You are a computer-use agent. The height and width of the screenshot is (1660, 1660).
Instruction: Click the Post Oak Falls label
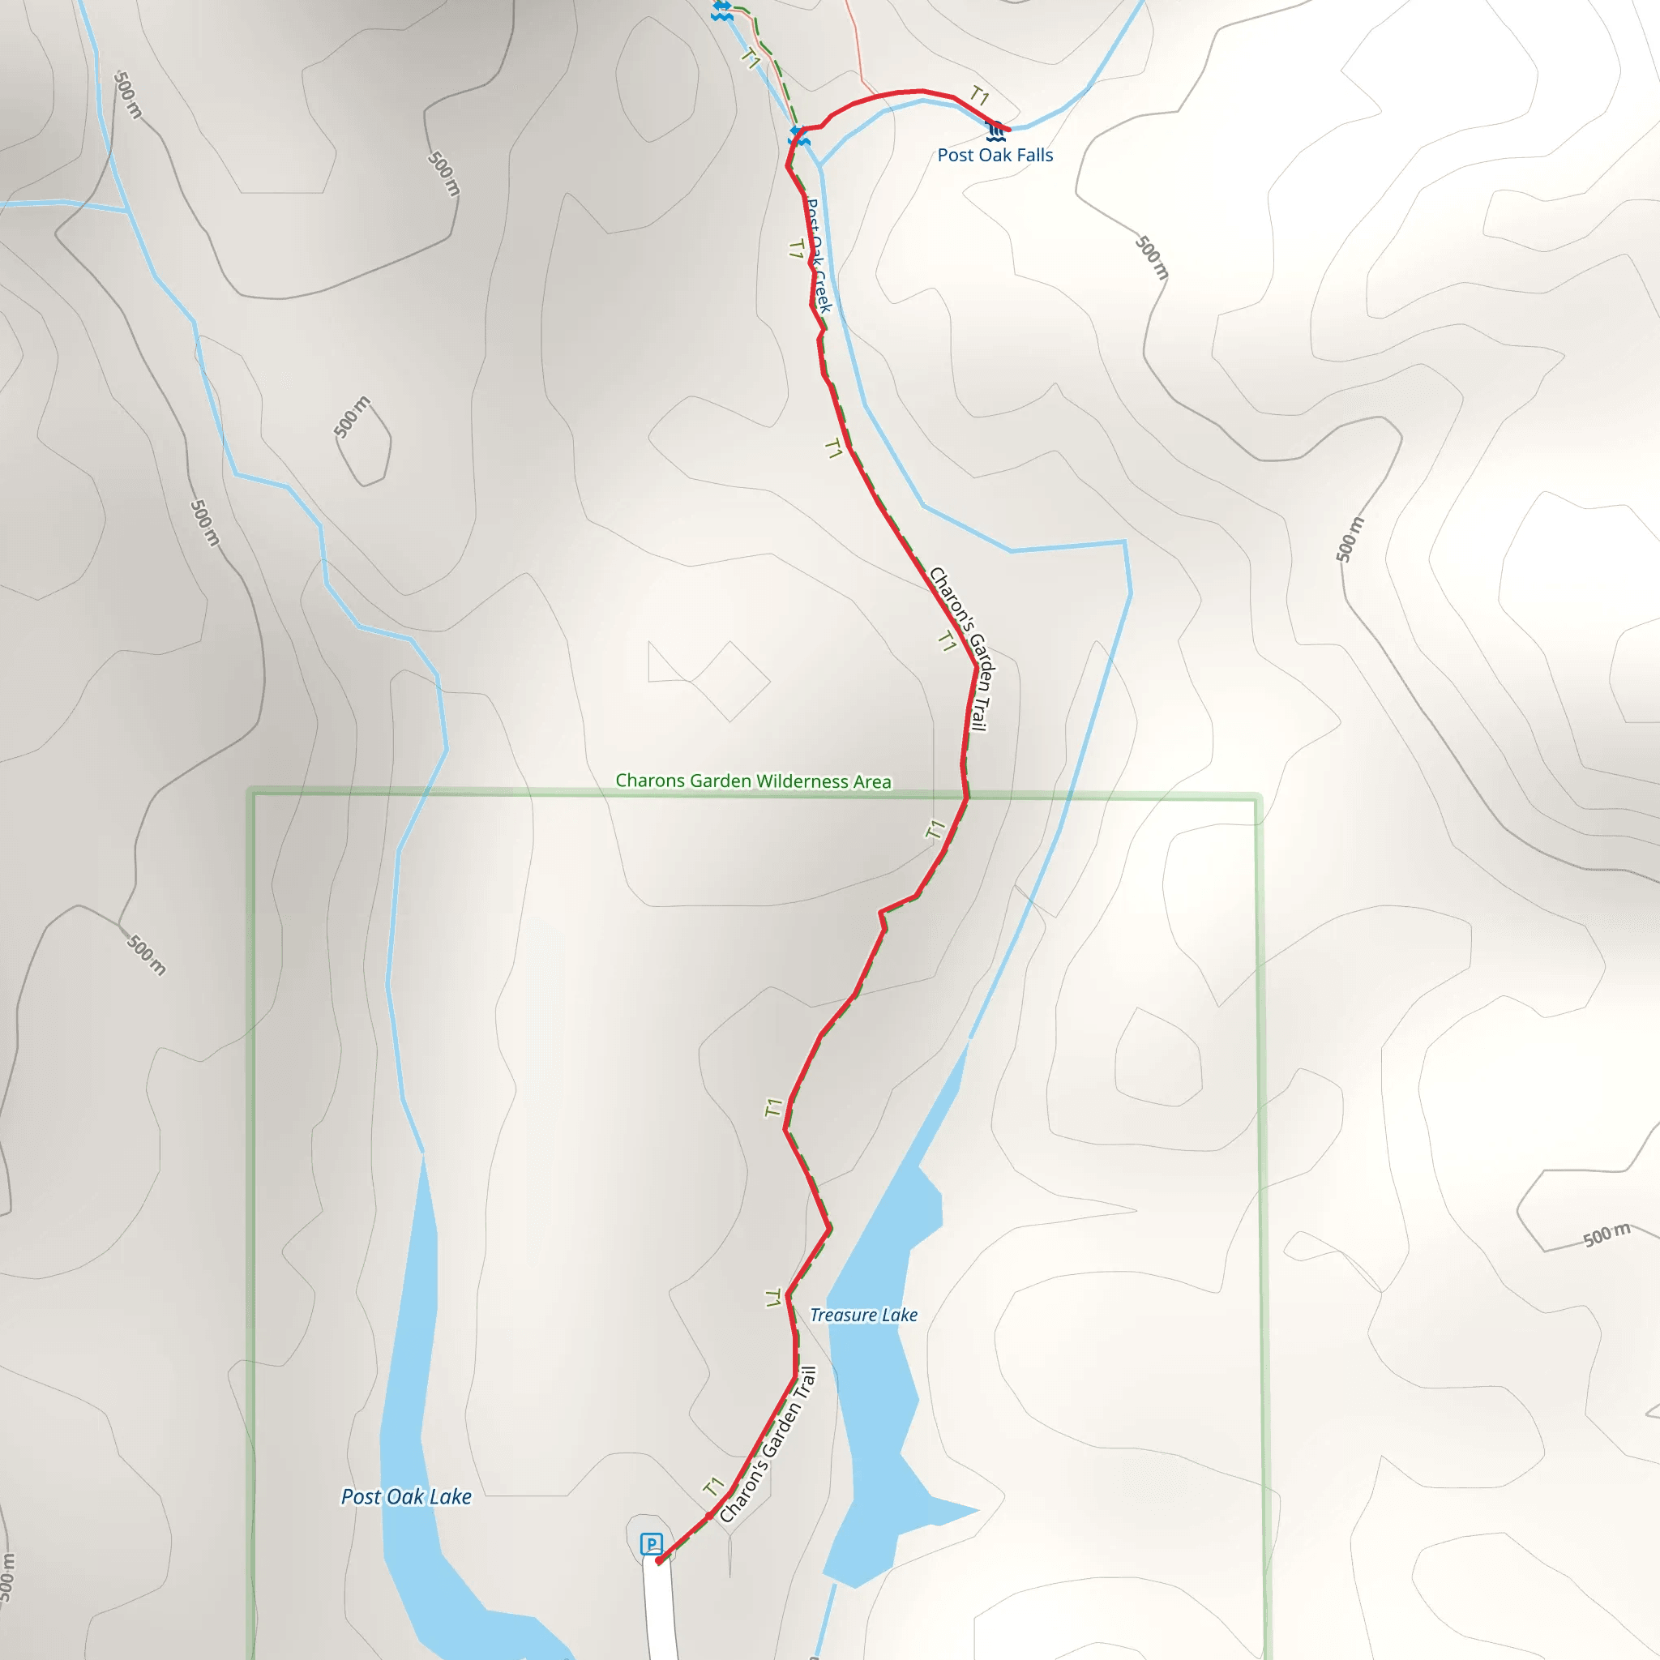[995, 156]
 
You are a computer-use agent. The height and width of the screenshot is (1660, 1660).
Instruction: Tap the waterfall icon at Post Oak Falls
[996, 131]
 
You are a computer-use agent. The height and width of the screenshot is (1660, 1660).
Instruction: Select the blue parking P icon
[652, 1544]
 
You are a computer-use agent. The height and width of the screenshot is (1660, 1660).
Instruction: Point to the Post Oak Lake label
[405, 1497]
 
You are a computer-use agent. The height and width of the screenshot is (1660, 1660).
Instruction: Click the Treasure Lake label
[863, 1316]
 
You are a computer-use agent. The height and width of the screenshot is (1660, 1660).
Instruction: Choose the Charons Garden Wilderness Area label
[754, 781]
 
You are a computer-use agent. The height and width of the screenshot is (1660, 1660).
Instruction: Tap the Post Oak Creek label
[818, 256]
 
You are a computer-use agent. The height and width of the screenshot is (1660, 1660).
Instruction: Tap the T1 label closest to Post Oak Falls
[979, 96]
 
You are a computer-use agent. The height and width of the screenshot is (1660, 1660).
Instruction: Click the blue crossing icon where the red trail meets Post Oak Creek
[799, 135]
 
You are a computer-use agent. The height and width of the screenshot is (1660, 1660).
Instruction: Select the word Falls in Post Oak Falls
[1034, 156]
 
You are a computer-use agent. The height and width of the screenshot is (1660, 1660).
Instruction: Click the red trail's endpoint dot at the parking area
[658, 1561]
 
